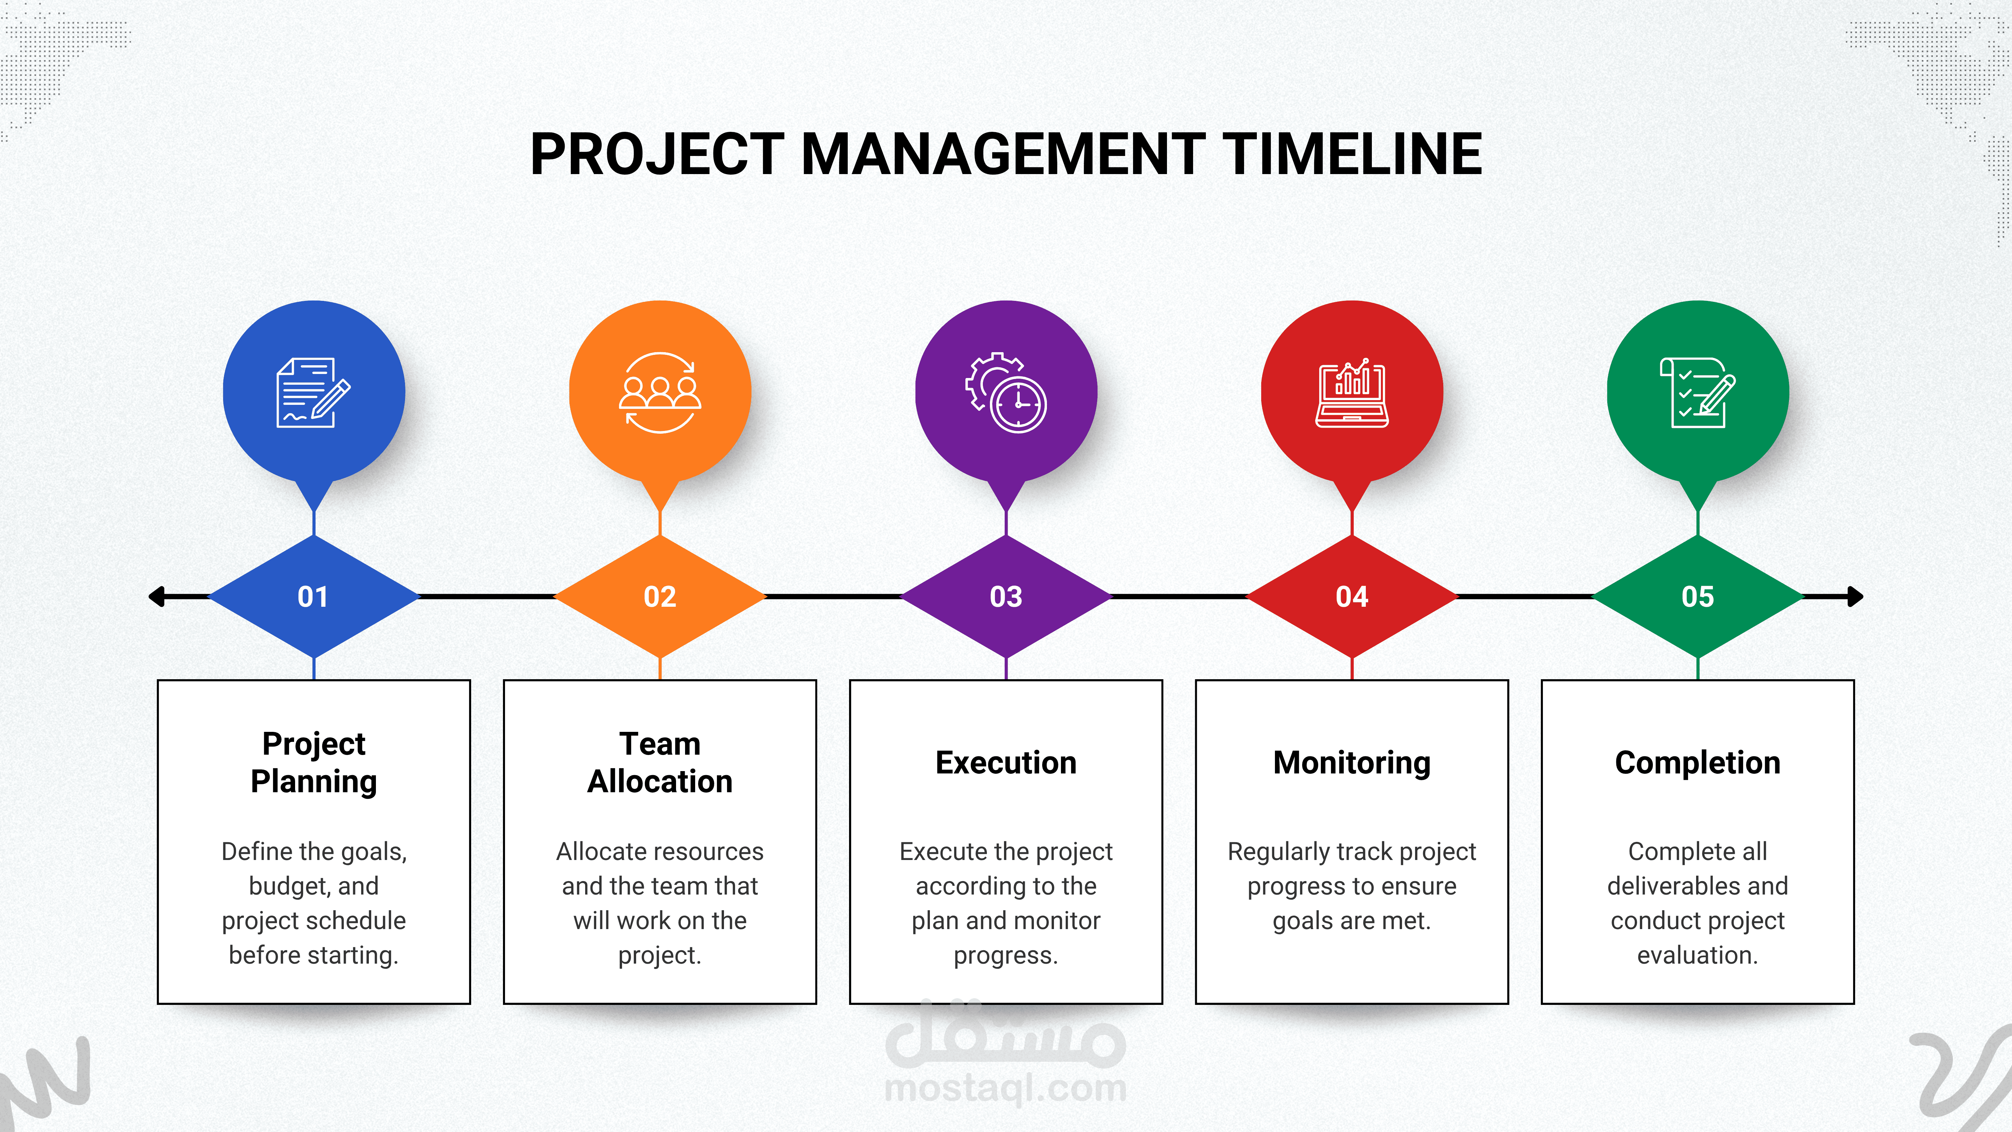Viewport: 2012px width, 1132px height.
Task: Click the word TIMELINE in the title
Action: tap(1352, 154)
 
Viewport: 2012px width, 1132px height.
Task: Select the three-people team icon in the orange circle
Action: tap(660, 392)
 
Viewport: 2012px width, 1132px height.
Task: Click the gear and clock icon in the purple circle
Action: tap(1006, 392)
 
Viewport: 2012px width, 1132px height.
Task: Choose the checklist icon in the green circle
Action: tap(1698, 392)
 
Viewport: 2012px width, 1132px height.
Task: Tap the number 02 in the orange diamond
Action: tap(660, 597)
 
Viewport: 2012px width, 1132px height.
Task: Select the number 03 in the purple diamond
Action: tap(1006, 597)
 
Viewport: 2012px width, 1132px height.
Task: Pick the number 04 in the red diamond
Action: tap(1352, 597)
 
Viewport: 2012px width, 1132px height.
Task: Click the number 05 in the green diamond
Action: tap(1698, 597)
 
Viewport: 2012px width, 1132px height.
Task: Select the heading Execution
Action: tap(1006, 762)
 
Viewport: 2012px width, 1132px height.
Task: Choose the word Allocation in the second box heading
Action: tap(660, 781)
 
